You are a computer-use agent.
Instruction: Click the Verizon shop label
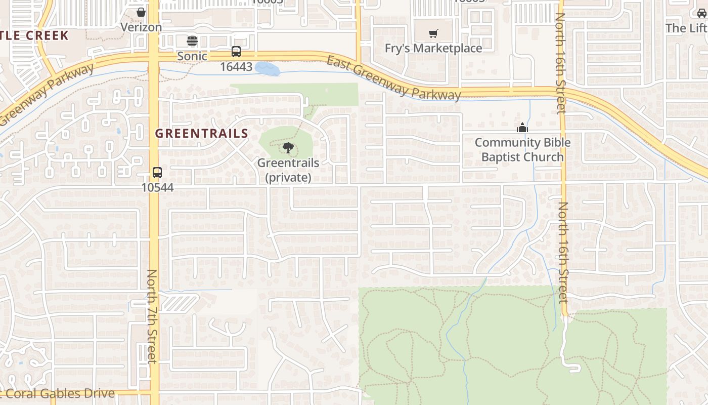click(141, 27)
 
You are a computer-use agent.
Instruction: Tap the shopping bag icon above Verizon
click(141, 12)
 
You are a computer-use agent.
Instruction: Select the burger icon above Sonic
click(192, 40)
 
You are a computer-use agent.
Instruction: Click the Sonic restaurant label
click(192, 56)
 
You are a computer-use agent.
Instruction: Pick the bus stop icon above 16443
click(236, 51)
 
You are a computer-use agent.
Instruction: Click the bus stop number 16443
click(236, 67)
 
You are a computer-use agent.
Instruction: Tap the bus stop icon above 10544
click(157, 172)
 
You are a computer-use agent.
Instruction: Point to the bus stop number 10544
click(157, 188)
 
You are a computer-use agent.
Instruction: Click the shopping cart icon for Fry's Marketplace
click(433, 34)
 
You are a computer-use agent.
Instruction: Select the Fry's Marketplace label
click(433, 49)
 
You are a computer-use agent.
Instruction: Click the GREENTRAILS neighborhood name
click(201, 134)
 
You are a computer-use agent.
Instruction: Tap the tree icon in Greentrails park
click(288, 148)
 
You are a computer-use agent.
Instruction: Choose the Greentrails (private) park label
click(288, 170)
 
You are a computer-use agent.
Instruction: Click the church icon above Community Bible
click(522, 128)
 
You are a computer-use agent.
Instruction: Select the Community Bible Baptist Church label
click(522, 150)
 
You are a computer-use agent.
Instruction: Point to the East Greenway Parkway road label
click(393, 78)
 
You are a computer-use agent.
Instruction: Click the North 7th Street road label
click(152, 316)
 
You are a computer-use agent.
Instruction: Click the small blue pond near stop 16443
click(267, 68)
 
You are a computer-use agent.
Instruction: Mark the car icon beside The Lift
click(702, 13)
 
